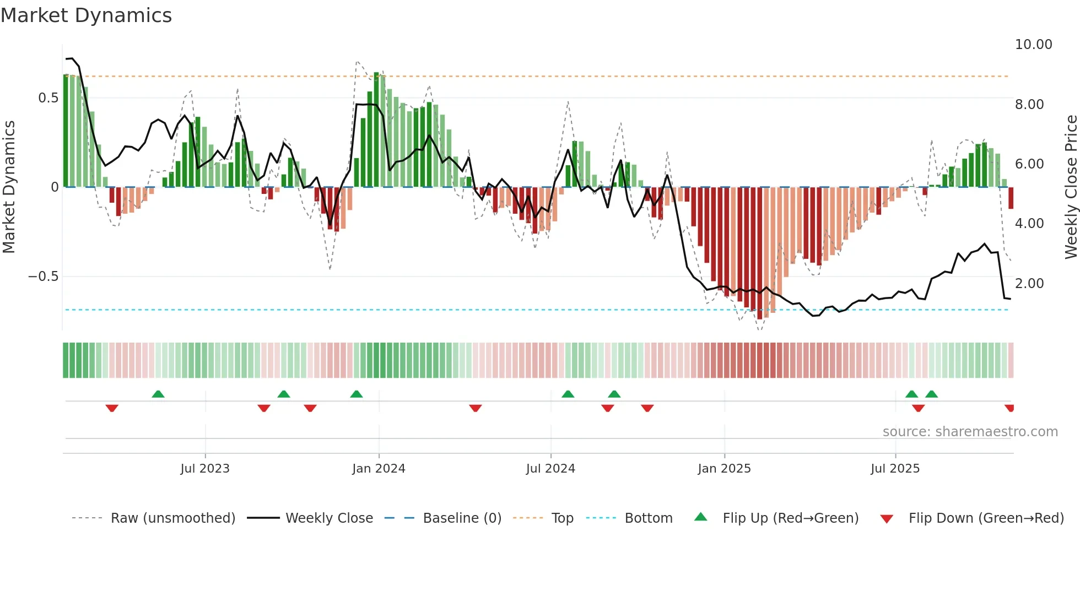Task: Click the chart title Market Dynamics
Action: [86, 15]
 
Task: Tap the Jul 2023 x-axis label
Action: [204, 469]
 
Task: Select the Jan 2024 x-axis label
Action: [379, 469]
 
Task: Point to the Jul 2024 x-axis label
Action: [550, 469]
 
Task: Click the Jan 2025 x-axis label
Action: [724, 469]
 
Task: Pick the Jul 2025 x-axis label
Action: [895, 469]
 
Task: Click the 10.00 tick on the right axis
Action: [1033, 45]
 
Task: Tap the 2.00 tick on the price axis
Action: [1029, 284]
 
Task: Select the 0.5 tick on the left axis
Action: [48, 98]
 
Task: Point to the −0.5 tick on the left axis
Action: [44, 277]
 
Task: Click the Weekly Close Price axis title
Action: [1071, 187]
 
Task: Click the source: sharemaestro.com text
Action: [970, 432]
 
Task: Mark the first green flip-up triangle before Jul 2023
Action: [158, 394]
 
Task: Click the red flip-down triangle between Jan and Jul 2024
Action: [476, 408]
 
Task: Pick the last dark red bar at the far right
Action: [1011, 198]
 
